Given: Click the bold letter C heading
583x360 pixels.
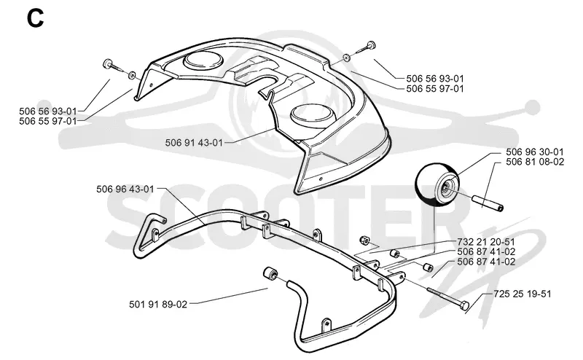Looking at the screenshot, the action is click(x=35, y=19).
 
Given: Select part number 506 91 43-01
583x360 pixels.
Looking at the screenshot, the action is click(x=194, y=143).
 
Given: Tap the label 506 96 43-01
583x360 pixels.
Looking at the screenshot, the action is click(x=125, y=189).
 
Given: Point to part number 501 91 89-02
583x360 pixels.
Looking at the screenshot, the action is click(x=158, y=304).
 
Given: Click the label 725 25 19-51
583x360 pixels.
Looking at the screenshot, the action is click(x=523, y=294).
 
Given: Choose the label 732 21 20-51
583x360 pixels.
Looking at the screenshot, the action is click(x=486, y=242).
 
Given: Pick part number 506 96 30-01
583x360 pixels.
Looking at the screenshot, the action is click(x=535, y=152).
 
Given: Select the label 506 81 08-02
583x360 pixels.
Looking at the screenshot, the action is click(x=535, y=162).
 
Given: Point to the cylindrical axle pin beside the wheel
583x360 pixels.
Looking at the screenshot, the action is click(x=487, y=203).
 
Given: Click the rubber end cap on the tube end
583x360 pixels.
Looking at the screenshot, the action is click(x=270, y=274).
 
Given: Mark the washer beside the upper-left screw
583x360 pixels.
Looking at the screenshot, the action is click(x=132, y=76).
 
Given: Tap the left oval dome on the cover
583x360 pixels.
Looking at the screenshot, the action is click(x=203, y=60).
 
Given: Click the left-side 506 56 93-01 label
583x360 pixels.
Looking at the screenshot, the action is click(x=48, y=111).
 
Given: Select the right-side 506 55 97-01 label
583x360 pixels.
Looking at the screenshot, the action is click(x=435, y=88).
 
